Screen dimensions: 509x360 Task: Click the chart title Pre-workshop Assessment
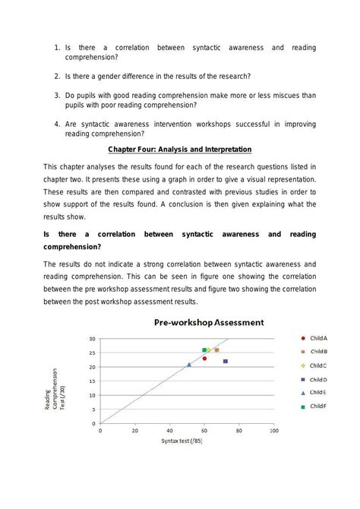point(209,322)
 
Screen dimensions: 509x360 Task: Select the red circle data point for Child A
point(204,358)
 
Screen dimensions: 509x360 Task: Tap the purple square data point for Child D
point(226,361)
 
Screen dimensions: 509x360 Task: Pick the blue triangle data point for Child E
point(189,365)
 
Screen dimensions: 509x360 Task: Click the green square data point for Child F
point(204,350)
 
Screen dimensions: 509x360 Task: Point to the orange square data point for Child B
point(216,350)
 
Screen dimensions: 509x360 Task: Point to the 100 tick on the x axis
point(274,430)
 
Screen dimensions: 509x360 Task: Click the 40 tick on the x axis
point(169,430)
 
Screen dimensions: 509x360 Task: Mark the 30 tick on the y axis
point(92,339)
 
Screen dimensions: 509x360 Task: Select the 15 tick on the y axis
point(92,381)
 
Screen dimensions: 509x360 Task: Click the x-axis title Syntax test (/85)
point(182,441)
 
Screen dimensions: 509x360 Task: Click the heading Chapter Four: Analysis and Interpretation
point(179,149)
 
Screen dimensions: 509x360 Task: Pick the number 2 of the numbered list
point(58,77)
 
